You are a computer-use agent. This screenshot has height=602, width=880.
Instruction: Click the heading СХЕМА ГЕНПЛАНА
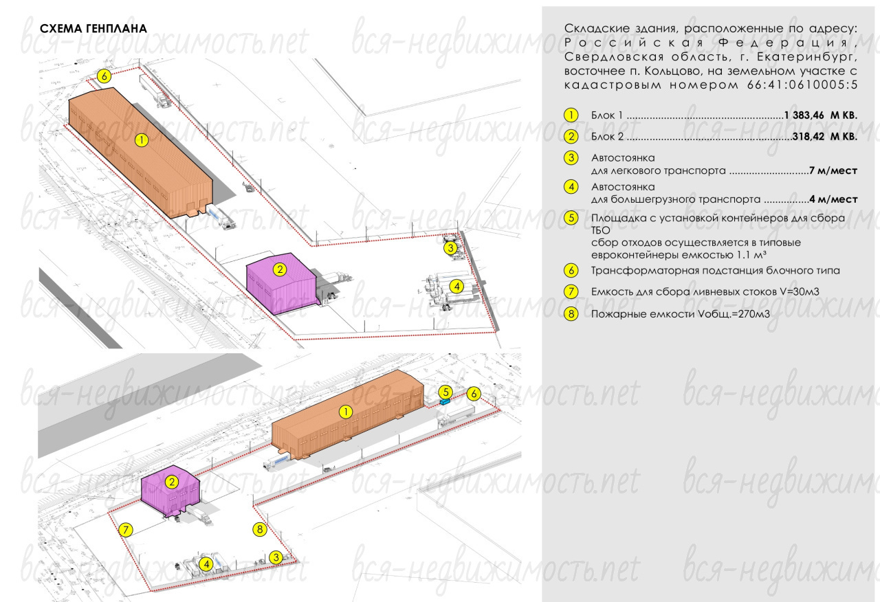93,29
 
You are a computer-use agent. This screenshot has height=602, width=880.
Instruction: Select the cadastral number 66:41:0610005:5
802,85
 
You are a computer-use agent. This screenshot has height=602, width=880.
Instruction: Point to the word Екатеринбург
809,57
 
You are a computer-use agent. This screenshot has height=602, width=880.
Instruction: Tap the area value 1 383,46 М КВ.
821,115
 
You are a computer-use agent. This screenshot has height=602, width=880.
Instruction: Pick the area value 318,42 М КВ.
825,137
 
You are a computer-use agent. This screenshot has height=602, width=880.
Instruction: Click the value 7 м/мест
833,170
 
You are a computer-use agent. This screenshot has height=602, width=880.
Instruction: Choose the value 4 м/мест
833,199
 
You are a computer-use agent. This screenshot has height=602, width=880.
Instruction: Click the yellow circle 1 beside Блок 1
571,115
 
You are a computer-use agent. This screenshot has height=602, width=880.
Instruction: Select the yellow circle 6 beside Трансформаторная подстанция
571,271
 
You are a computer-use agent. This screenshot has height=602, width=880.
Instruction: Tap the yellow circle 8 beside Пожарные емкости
571,314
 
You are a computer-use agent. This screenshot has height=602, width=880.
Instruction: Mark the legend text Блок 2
607,137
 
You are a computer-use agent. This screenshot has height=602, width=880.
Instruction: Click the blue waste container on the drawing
445,402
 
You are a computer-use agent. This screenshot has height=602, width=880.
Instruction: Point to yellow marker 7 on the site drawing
126,530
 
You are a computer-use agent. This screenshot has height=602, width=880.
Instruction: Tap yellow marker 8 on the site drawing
260,529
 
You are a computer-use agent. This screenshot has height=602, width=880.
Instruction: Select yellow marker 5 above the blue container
445,392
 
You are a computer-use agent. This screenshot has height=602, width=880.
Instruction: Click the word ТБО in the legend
600,230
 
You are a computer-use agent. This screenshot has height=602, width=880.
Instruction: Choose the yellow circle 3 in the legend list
571,158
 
